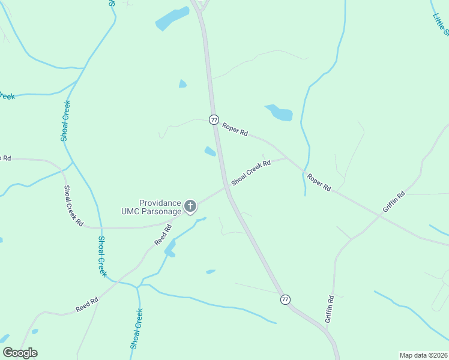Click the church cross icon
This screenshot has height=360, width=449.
pos(190,207)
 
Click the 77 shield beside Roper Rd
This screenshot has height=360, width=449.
pos(214,119)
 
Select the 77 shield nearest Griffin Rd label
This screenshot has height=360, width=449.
pos(286,299)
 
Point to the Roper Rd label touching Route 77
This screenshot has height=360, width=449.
pos(235,129)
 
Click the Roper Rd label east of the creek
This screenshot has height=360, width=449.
pos(318,182)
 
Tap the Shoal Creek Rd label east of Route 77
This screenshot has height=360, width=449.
pos(251,171)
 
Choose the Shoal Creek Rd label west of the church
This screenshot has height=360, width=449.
pos(74,206)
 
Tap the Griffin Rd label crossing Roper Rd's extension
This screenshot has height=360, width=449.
pos(394,202)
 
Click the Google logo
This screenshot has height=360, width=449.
pos(20,353)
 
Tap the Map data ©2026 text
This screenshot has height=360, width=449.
pos(423,355)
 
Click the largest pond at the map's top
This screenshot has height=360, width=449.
pos(172,19)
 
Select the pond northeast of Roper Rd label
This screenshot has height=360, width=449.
pos(279,112)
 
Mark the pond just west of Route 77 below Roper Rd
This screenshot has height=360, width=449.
pos(210,151)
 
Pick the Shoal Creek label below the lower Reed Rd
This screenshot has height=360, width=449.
pos(136,329)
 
